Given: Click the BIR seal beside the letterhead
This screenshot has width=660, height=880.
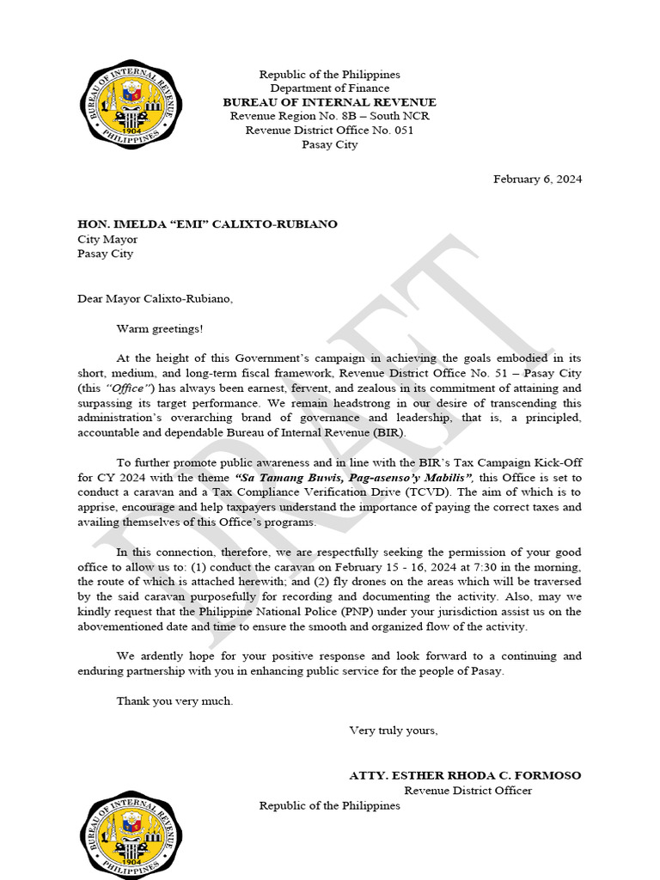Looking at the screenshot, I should click(131, 105).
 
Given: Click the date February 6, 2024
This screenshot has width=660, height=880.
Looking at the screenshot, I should click(537, 179).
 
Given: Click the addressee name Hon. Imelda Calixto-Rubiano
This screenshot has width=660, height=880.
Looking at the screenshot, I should click(207, 224).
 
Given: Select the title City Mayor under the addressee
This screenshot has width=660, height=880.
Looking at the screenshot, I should click(107, 239).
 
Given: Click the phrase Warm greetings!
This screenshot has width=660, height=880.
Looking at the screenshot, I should click(161, 328).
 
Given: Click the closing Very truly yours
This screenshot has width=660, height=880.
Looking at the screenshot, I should click(393, 730).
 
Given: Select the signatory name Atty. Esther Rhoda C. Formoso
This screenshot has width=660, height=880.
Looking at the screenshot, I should click(464, 775).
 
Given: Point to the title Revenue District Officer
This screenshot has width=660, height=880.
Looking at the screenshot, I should click(467, 790).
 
